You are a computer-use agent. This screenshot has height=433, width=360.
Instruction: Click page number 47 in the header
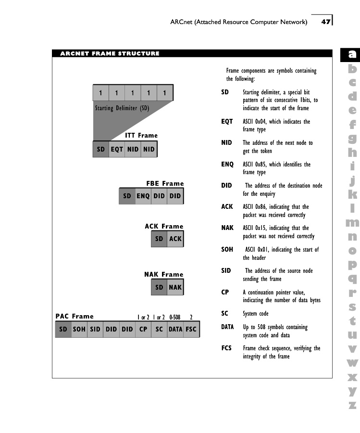[x=326, y=22]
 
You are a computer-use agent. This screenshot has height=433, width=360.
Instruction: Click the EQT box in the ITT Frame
[x=117, y=149]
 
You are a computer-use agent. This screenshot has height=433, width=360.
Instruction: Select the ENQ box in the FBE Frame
[x=143, y=196]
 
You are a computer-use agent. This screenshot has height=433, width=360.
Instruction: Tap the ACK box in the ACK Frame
[x=175, y=239]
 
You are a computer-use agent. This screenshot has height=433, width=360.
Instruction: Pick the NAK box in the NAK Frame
[x=175, y=287]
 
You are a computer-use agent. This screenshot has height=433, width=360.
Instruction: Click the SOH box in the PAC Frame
[x=79, y=330]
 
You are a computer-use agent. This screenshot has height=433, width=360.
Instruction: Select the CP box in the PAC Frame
[x=143, y=330]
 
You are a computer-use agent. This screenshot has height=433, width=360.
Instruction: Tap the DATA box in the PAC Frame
[x=175, y=330]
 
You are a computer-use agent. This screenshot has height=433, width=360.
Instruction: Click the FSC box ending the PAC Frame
[x=191, y=330]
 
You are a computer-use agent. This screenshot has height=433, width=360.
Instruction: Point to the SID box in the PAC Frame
[x=95, y=330]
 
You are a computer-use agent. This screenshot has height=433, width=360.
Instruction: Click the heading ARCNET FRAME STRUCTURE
[x=110, y=53]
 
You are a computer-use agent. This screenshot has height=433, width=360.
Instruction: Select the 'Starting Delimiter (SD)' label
[x=122, y=108]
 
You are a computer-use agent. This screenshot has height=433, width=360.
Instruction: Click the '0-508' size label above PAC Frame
[x=174, y=317]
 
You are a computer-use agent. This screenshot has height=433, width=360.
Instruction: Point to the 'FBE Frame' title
[x=165, y=183]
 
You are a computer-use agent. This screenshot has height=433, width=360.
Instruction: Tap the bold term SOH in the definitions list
[x=227, y=250]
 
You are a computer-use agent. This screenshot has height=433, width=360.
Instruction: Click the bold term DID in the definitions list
[x=227, y=185]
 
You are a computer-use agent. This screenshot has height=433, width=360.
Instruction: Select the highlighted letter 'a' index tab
[x=353, y=55]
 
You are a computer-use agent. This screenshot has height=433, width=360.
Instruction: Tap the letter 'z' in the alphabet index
[x=353, y=405]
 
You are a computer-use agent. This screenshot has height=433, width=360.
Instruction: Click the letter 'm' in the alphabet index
[x=352, y=223]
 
